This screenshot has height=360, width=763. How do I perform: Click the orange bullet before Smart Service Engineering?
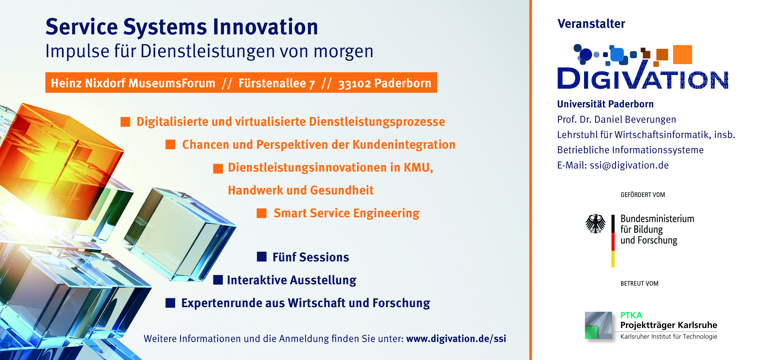point(261,213)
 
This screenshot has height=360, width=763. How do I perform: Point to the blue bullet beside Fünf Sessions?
point(262,257)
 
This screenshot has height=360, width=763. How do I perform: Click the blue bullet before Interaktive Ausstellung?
point(218,280)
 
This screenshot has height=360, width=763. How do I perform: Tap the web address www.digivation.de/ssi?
point(456,338)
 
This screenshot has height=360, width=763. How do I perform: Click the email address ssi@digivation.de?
point(629,165)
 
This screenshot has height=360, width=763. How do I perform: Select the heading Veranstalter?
point(591,24)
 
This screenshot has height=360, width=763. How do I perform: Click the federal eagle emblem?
point(595,224)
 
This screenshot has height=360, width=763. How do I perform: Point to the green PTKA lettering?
point(631,315)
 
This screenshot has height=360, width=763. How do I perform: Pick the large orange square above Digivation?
point(682,54)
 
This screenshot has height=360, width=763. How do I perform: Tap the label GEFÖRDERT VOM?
point(643,195)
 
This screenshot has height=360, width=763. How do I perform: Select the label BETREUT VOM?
point(639,283)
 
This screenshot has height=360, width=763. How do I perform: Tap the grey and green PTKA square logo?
point(598,325)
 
